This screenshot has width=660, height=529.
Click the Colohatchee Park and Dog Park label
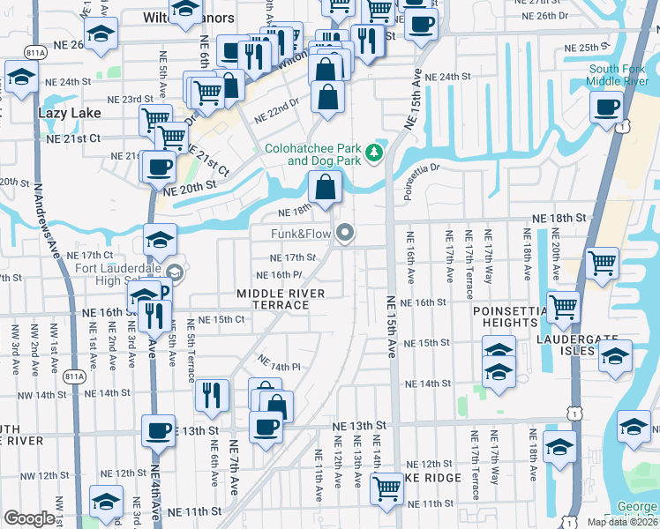click(x=312, y=154)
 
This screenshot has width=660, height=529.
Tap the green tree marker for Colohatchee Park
click(x=375, y=153)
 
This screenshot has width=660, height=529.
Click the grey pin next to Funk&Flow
click(x=346, y=233)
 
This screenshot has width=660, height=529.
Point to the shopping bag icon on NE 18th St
click(x=325, y=187)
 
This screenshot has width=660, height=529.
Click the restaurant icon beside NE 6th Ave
click(x=212, y=395)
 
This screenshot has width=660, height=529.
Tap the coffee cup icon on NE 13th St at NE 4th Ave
click(x=159, y=431)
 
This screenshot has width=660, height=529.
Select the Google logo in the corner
click(x=30, y=518)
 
